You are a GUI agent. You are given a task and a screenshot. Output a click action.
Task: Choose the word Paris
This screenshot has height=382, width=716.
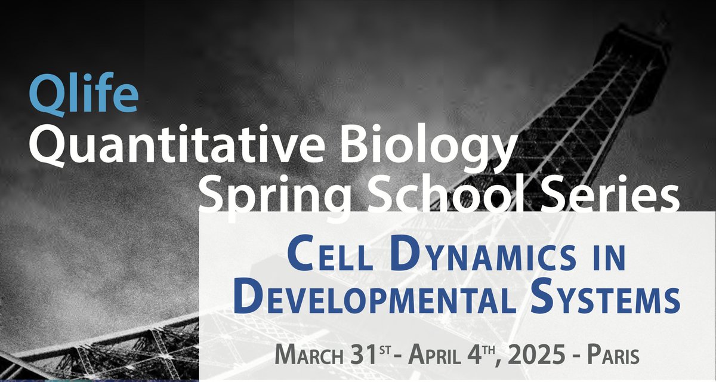pyautogui.click(x=613, y=355)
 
